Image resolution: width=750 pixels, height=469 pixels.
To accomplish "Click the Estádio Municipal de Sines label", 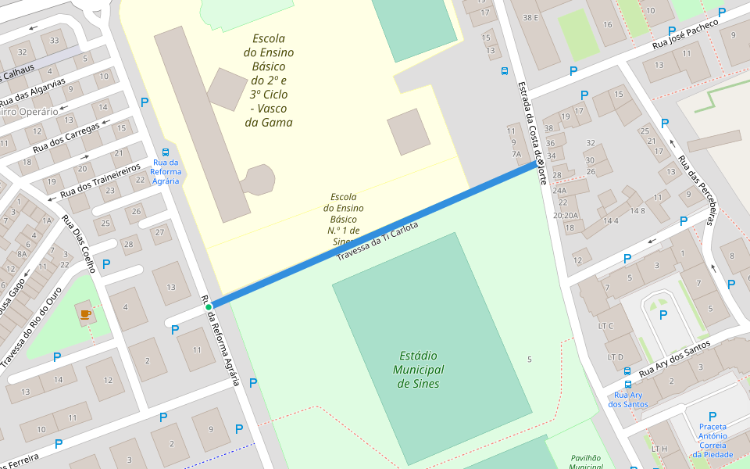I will pyautogui.click(x=418, y=369).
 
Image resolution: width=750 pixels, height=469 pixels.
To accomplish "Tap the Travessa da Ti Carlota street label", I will pyautogui.click(x=377, y=241).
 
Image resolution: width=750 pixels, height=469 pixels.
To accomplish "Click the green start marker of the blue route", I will pyautogui.click(x=209, y=307).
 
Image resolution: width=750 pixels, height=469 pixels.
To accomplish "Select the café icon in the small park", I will pyautogui.click(x=85, y=314).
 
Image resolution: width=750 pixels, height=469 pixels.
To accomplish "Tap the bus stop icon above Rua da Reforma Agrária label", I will pyautogui.click(x=166, y=152).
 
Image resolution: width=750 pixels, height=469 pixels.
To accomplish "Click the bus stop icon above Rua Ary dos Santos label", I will pyautogui.click(x=628, y=384).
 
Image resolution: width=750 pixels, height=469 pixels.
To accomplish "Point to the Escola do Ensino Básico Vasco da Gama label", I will pyautogui.click(x=268, y=81).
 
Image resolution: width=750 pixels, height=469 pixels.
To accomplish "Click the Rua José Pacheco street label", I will pyautogui.click(x=685, y=37).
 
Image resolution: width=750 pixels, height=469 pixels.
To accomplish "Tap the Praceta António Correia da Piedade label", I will pyautogui.click(x=712, y=440).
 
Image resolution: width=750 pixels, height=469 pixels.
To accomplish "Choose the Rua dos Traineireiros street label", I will pyautogui.click(x=100, y=180).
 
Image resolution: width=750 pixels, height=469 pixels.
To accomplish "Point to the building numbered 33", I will pyautogui.click(x=54, y=41).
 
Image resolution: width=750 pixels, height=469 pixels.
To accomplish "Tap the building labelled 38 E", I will pyautogui.click(x=531, y=18).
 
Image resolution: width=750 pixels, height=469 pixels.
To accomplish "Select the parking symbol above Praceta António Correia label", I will pyautogui.click(x=712, y=417).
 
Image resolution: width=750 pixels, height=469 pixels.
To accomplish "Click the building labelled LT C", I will pyautogui.click(x=605, y=326).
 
